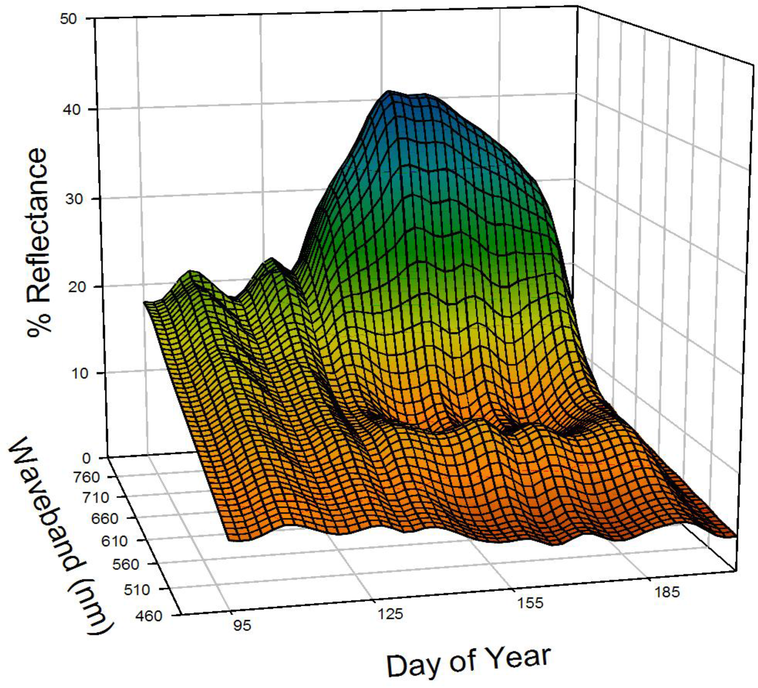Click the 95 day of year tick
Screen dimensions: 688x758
(x=241, y=625)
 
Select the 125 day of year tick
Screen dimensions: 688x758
(x=390, y=614)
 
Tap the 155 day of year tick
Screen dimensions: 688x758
(x=530, y=603)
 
